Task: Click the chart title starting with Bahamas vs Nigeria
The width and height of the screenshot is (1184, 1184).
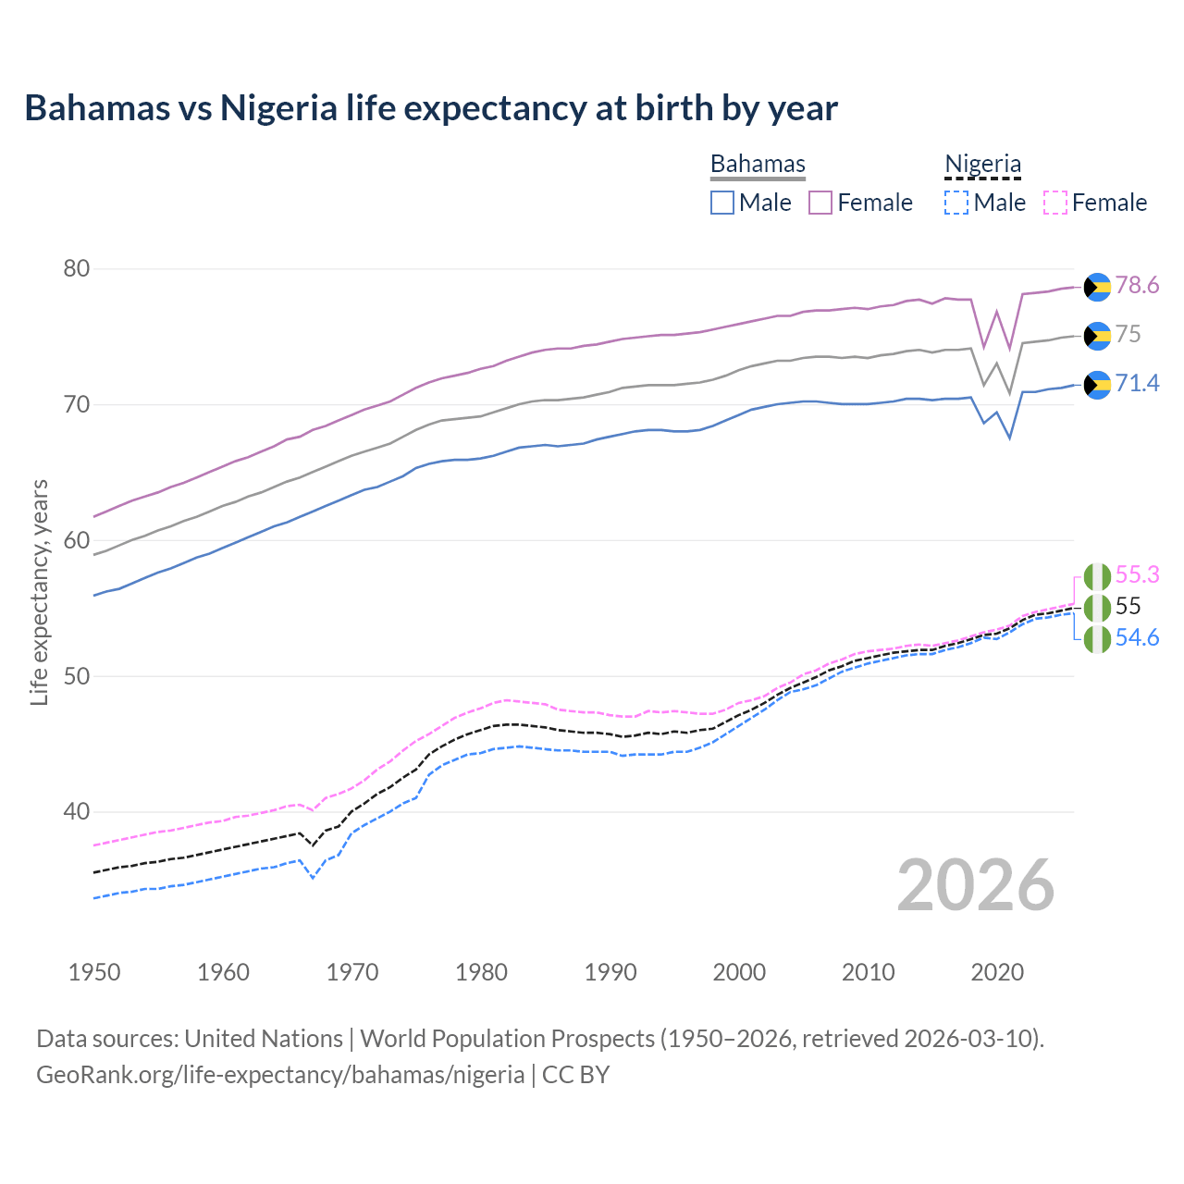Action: [431, 108]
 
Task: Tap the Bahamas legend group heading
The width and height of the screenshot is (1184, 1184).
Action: [758, 164]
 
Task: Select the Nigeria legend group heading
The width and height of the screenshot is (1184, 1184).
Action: [982, 164]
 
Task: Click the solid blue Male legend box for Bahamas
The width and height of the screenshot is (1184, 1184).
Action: [722, 203]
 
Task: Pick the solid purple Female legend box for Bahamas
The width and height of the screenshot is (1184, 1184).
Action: [820, 203]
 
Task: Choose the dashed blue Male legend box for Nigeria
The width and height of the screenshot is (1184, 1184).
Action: [956, 203]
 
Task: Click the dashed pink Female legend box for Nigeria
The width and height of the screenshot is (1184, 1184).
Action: [1055, 203]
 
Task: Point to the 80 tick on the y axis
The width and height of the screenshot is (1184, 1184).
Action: [77, 269]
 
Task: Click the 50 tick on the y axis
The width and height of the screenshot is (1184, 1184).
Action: [77, 676]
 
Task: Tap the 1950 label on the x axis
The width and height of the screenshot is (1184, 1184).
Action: [94, 972]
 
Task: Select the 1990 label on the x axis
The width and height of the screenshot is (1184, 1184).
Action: [610, 972]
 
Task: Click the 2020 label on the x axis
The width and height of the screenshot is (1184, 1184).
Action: [997, 972]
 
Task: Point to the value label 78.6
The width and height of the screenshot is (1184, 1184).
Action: [1137, 285]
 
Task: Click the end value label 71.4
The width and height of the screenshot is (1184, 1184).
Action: [1137, 383]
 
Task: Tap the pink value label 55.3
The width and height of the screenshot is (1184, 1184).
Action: [1137, 574]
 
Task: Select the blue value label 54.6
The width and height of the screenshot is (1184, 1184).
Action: [1137, 637]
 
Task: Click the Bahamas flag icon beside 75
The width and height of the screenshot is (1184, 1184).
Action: [1097, 336]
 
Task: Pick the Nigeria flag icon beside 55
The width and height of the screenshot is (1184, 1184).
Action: [1097, 608]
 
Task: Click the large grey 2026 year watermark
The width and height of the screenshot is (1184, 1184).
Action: [975, 885]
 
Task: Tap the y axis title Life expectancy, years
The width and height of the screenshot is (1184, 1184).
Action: [40, 592]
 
